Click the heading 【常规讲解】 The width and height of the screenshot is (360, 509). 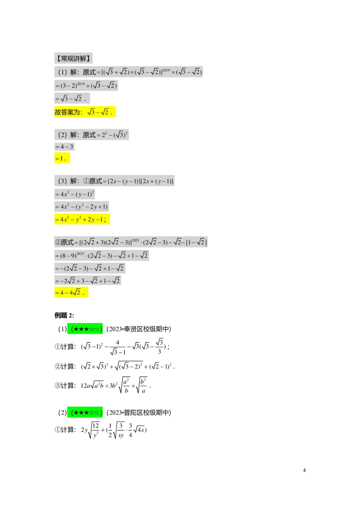coord(74,58)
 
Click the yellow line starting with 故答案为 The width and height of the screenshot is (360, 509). coord(86,112)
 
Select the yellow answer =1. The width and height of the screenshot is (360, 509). coord(63,159)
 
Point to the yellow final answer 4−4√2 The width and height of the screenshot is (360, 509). coord(72,293)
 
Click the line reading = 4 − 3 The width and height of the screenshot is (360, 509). coord(64,147)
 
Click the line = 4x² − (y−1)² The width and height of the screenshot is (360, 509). coord(75,194)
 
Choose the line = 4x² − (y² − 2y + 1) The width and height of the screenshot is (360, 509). coord(81,207)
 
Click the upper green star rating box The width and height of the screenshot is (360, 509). coord(85,329)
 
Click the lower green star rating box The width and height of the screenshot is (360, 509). coord(85,412)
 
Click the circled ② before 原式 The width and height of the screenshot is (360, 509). coord(58,242)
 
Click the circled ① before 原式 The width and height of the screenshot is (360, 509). coord(86,181)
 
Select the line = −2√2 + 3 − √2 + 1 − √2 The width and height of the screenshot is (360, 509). coord(88,281)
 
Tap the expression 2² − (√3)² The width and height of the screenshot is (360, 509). coord(116,134)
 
